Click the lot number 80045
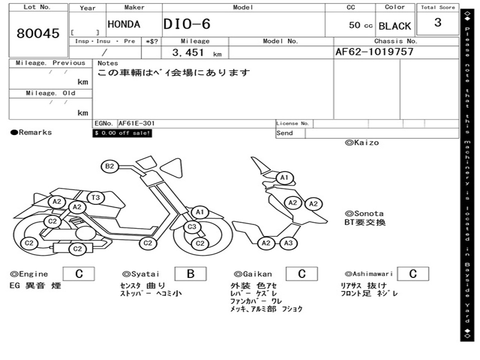click(x=38, y=33)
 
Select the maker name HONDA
click(x=124, y=24)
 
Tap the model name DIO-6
click(x=187, y=24)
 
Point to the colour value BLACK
click(x=395, y=26)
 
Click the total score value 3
click(x=437, y=22)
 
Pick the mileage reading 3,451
click(x=188, y=52)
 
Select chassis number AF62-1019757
click(x=374, y=52)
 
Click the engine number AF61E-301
click(x=136, y=123)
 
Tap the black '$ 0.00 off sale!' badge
click(x=122, y=133)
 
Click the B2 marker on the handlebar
click(x=109, y=166)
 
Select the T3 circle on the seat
click(x=95, y=197)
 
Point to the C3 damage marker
click(x=192, y=227)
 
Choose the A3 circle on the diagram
click(x=288, y=243)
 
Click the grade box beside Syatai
click(x=190, y=274)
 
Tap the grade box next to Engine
click(x=79, y=274)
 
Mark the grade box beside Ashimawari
click(x=412, y=274)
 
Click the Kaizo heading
click(x=362, y=142)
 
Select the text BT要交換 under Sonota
click(x=365, y=222)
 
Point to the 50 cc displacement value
click(x=360, y=25)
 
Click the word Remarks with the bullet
click(x=31, y=133)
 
